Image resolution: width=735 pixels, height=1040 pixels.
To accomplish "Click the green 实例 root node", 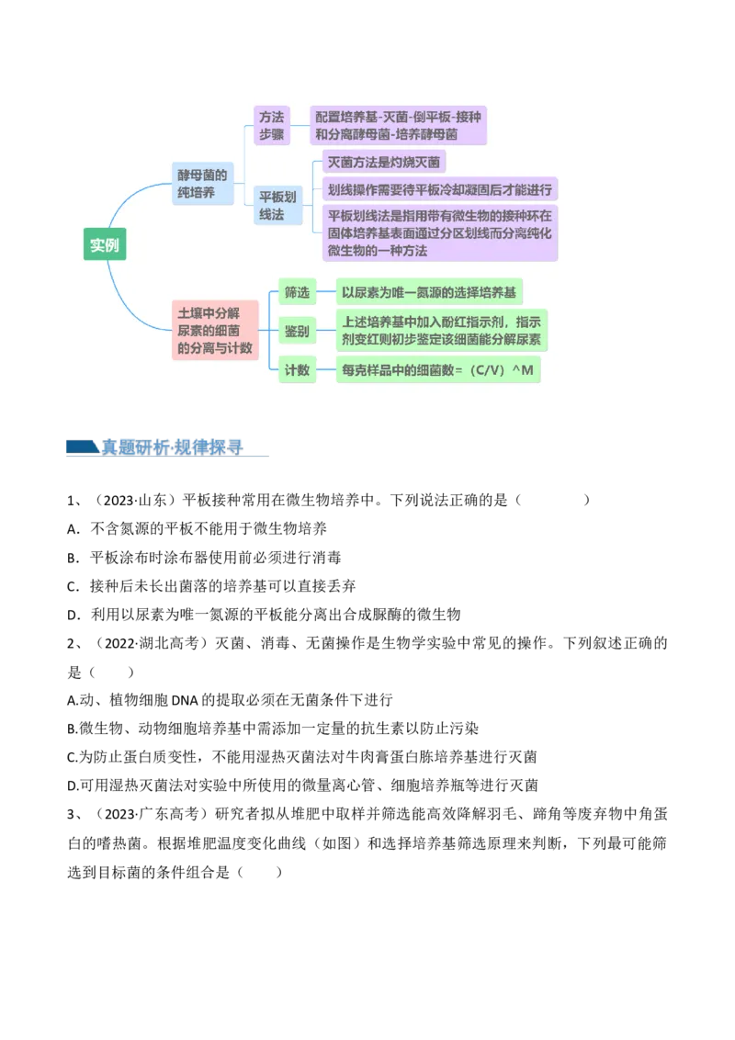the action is [x=104, y=244].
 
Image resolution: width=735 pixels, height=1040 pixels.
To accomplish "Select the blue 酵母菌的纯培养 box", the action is [x=202, y=184].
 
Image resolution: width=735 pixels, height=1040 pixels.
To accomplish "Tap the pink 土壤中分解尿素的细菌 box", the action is [x=215, y=331].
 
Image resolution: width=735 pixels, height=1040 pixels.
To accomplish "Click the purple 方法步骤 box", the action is [x=271, y=125].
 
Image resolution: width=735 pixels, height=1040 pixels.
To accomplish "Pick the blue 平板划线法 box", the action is [x=278, y=206].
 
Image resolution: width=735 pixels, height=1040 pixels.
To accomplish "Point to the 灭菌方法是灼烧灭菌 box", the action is [x=383, y=162].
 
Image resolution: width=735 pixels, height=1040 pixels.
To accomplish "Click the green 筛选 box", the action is [x=297, y=292].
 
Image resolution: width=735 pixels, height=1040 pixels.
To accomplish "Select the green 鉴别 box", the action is [x=297, y=331].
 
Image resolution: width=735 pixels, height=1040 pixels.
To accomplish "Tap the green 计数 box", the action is [x=297, y=370].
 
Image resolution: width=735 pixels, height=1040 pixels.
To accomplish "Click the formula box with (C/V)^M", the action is [x=438, y=370].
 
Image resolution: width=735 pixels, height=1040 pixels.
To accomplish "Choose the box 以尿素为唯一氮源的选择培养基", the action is [x=428, y=292].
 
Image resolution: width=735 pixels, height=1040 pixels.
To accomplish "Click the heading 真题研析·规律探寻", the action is [x=172, y=447].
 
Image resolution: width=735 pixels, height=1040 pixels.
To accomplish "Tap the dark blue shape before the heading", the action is [x=83, y=447].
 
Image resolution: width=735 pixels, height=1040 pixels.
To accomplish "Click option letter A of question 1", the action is [x=73, y=528].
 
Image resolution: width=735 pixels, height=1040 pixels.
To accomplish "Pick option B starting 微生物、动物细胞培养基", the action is [x=273, y=729].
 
